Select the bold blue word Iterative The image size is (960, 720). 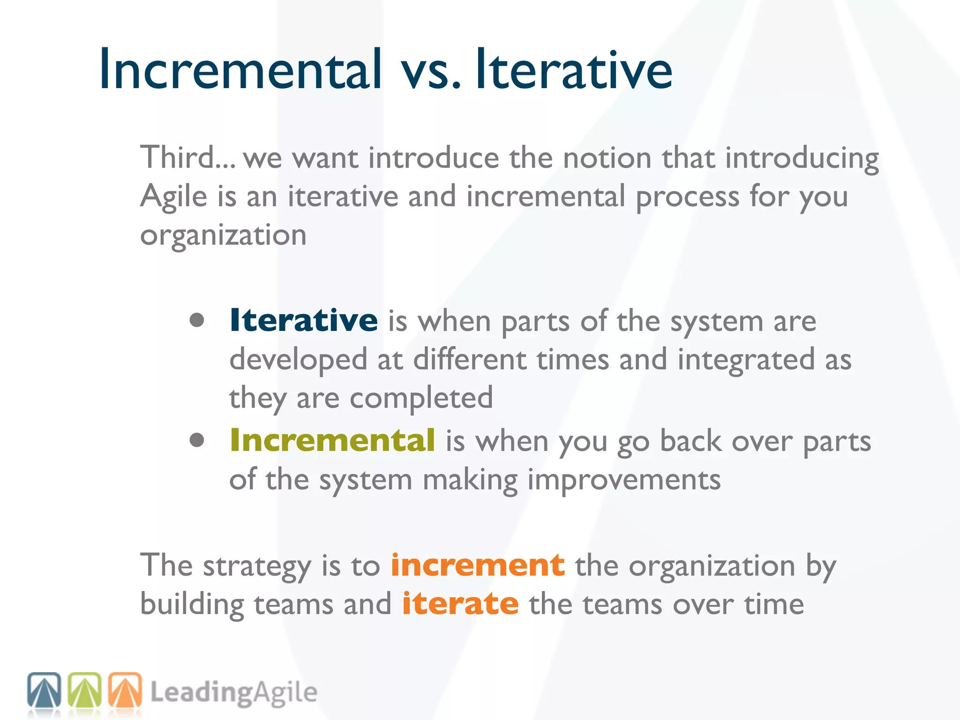[303, 320]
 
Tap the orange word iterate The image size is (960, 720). [460, 603]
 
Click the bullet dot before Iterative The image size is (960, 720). [197, 320]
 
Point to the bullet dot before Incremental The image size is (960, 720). [197, 440]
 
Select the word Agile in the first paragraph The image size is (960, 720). [173, 197]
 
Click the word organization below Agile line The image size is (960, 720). [223, 235]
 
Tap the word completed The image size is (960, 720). [421, 398]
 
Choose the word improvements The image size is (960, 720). [624, 480]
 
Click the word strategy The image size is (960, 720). [257, 566]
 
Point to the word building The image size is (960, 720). [192, 604]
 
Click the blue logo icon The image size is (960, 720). [44, 690]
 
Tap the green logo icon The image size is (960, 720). [84, 690]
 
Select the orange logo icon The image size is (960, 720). [125, 690]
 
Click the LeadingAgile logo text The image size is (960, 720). [233, 693]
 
